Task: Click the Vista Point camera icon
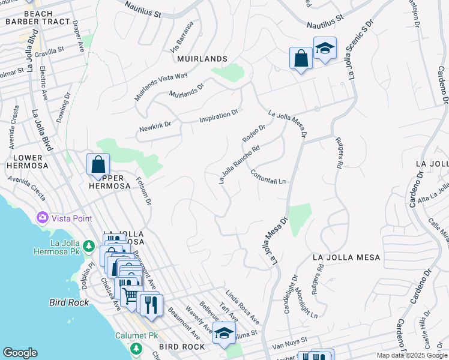pos(43,217)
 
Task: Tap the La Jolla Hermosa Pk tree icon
pos(88,245)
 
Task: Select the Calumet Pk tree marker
pos(136,348)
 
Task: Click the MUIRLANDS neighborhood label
pos(202,59)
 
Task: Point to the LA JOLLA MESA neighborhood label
pos(347,257)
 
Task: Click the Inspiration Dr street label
pos(219,115)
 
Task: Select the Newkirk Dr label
pos(155,126)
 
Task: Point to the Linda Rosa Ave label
pos(242,305)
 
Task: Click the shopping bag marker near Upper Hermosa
pos(97,164)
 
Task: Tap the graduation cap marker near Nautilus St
pos(324,49)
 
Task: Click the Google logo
pos(20,353)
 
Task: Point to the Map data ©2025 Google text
pos(412,355)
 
